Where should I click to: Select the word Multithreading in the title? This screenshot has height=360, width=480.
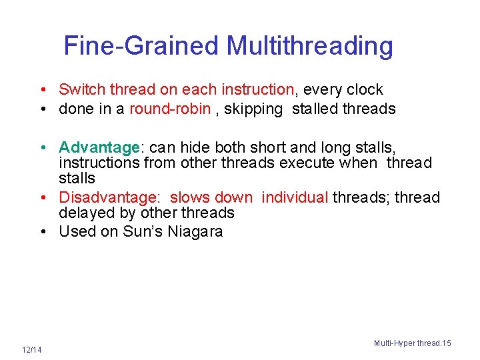309,46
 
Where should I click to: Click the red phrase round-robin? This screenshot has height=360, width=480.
170,109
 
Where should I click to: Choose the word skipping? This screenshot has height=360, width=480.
254,109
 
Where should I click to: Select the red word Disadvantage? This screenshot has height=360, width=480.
109,197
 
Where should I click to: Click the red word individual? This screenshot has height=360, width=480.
295,197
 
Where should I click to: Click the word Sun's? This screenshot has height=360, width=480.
139,231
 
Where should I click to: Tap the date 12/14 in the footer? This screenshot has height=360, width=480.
31,350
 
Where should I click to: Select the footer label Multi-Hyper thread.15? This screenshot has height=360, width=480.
412,343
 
